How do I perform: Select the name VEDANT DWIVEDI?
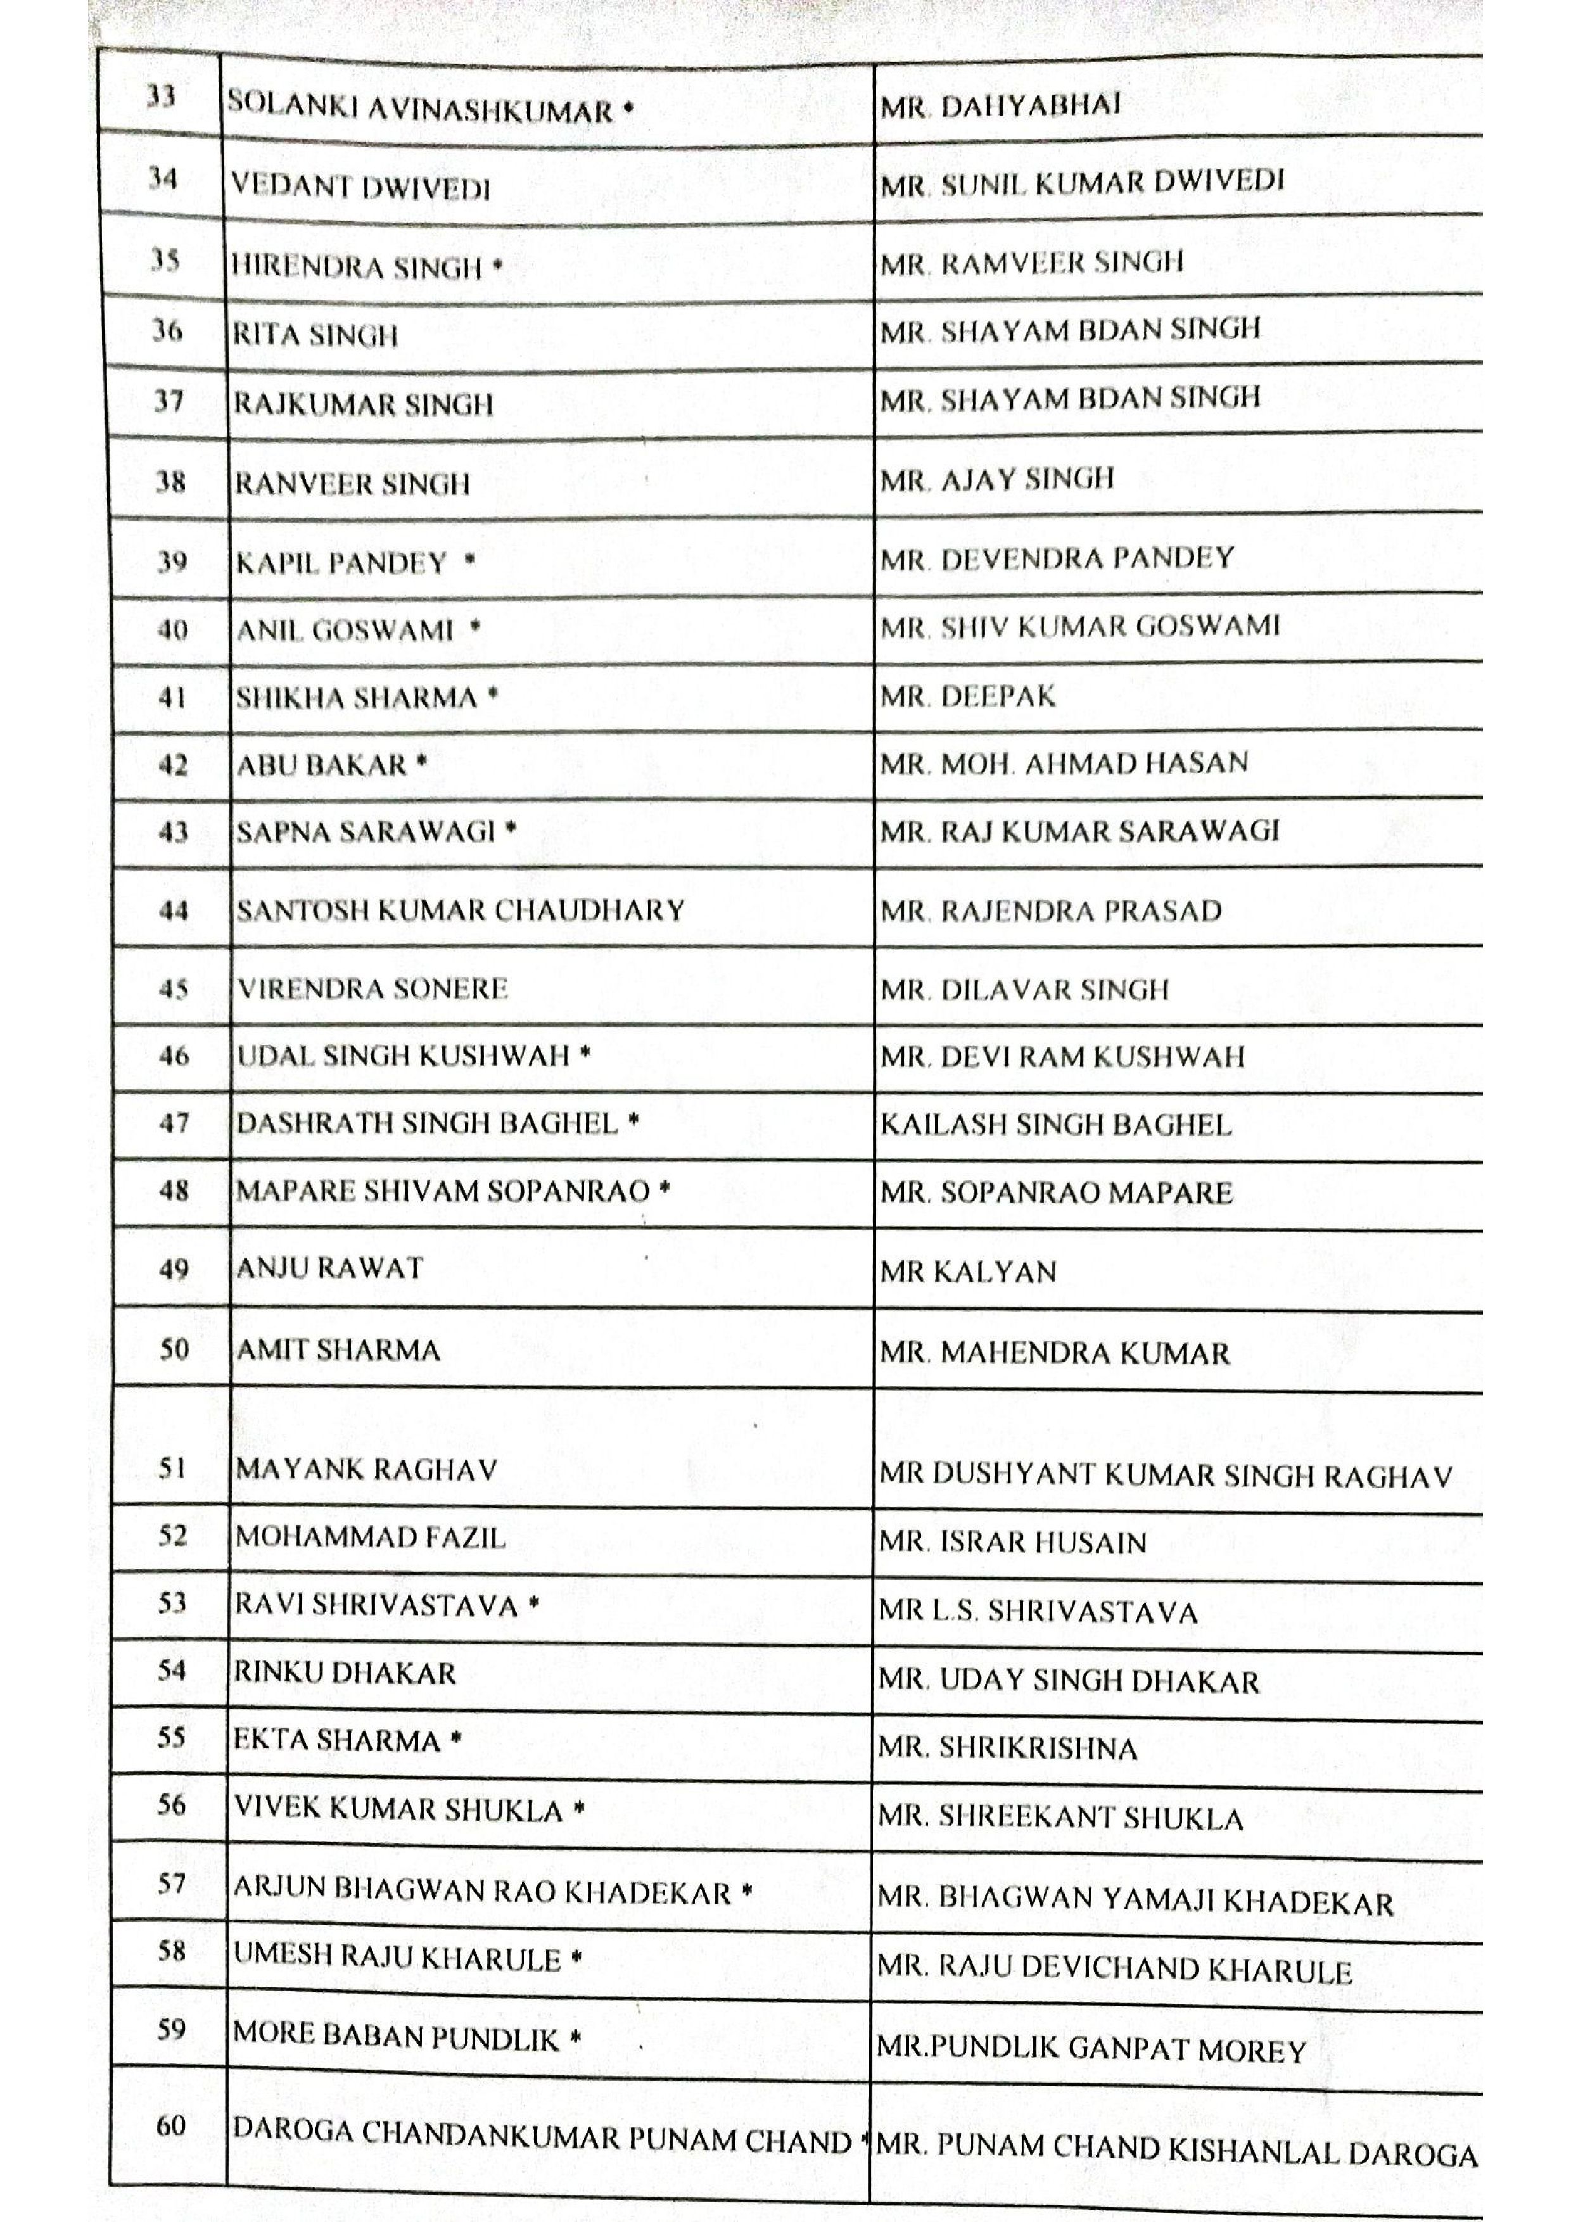point(360,186)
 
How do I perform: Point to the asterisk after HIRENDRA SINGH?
point(497,264)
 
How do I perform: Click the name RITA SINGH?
point(315,335)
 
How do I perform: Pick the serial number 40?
point(171,630)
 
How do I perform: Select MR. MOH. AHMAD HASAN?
point(1064,763)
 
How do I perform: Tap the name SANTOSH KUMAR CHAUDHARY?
point(461,910)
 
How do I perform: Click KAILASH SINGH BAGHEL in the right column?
point(1055,1124)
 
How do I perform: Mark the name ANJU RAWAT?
point(329,1268)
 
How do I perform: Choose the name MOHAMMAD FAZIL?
point(370,1537)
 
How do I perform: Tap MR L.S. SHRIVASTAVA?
point(1038,1611)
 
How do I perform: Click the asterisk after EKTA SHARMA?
point(455,1739)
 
